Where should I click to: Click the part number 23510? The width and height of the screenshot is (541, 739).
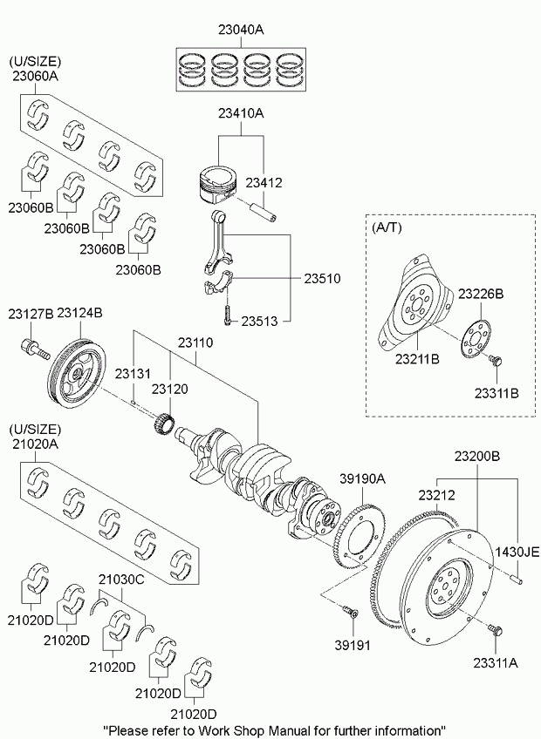click(x=321, y=279)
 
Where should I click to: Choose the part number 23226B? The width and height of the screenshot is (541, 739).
click(x=481, y=294)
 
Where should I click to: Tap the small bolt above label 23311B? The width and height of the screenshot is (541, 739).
click(x=495, y=359)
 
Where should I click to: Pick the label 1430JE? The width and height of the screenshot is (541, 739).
click(x=517, y=550)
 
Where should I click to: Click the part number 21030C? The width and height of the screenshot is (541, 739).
click(x=120, y=578)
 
